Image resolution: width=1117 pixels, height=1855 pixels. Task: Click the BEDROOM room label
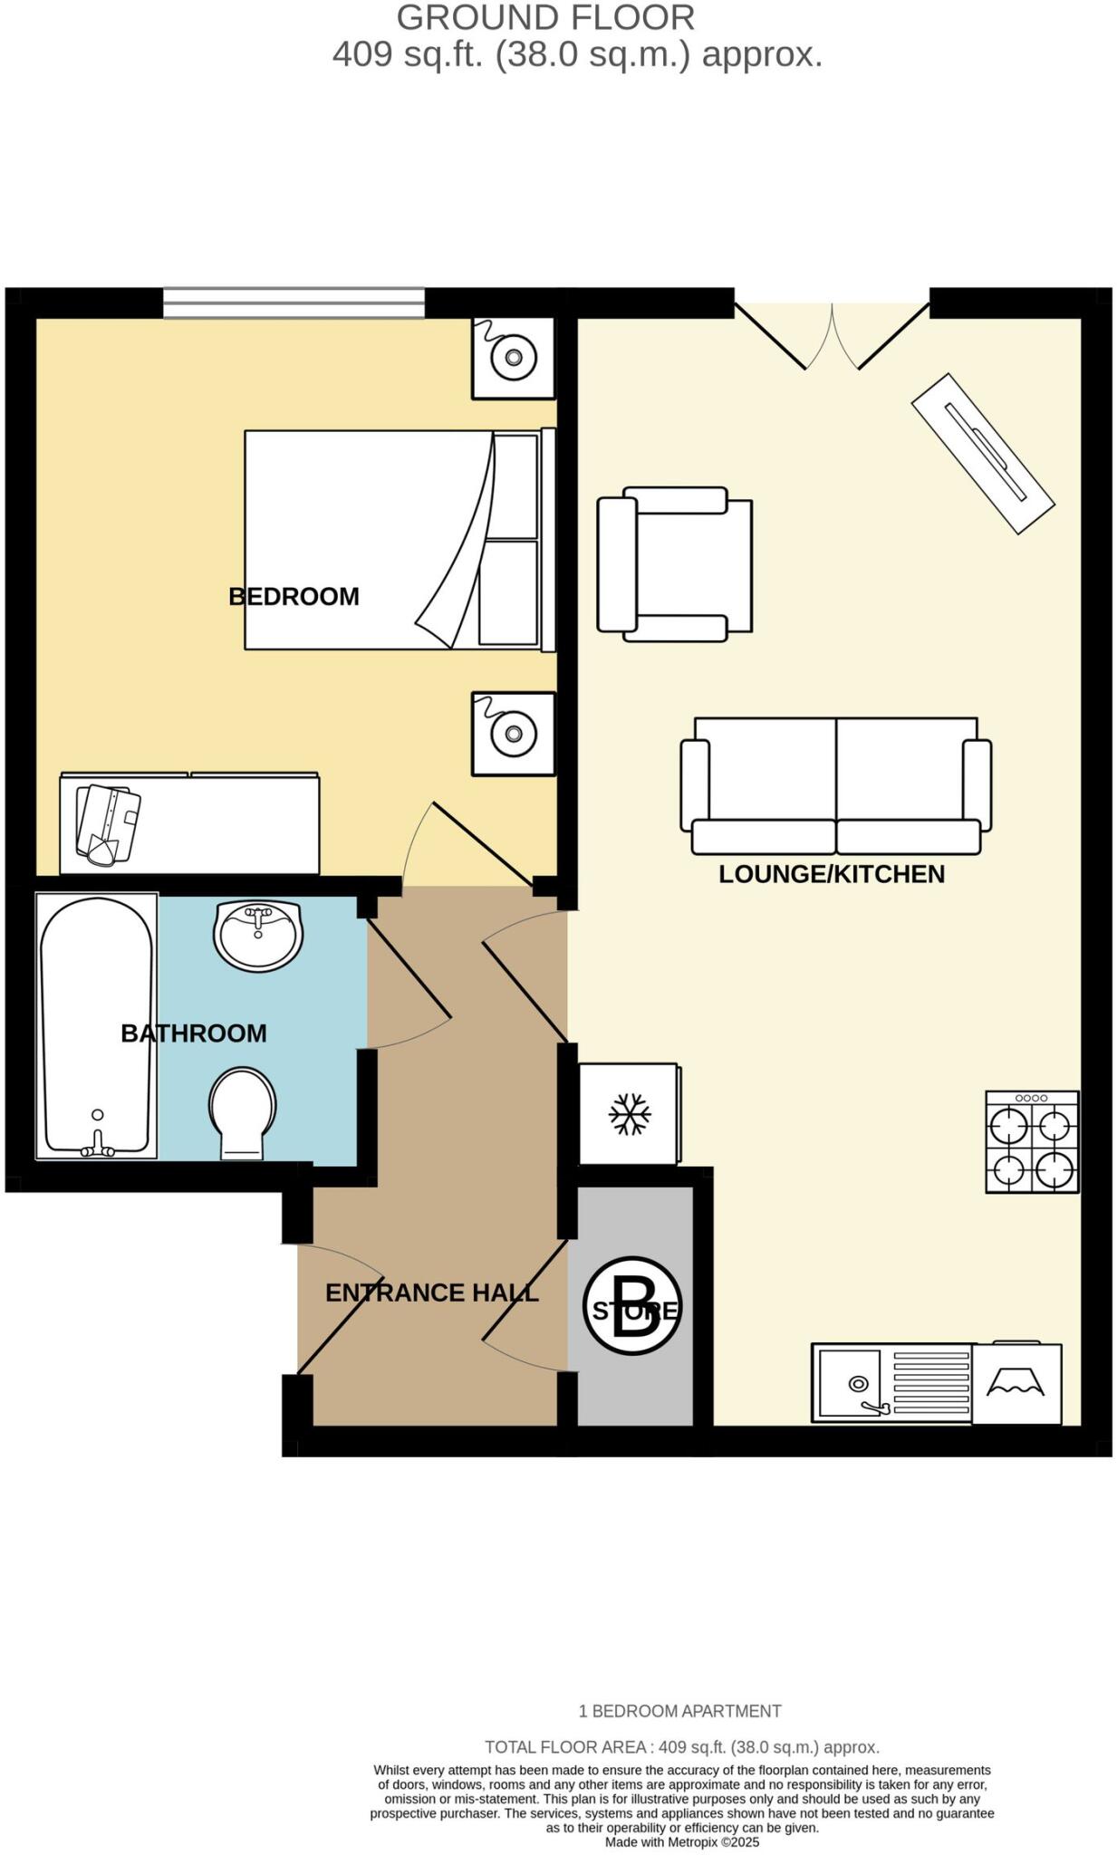(294, 596)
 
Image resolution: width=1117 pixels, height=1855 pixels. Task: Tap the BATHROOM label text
(193, 1033)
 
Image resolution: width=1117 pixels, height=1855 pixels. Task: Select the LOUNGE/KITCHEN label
(831, 874)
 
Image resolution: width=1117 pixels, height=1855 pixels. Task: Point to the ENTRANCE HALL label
(431, 1293)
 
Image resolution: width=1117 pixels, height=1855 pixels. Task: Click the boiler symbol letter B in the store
(632, 1305)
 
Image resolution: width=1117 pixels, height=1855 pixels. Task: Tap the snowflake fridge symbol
(629, 1113)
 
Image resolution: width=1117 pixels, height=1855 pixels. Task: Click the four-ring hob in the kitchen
(1032, 1141)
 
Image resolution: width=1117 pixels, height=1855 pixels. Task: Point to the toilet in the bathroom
(242, 1112)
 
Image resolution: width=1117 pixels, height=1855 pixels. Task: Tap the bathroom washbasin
(258, 934)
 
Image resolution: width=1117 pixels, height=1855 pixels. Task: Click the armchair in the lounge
(674, 563)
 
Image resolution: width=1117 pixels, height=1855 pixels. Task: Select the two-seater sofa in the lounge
(835, 785)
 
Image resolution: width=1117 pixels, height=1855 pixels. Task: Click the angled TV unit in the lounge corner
(983, 453)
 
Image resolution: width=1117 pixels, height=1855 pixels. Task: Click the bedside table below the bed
(513, 733)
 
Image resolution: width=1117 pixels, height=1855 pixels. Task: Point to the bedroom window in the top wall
(294, 303)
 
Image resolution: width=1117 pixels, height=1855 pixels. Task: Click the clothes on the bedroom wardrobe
(108, 823)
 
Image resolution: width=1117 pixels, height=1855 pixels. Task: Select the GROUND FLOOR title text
(545, 17)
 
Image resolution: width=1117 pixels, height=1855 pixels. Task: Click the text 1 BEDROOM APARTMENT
(679, 1711)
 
